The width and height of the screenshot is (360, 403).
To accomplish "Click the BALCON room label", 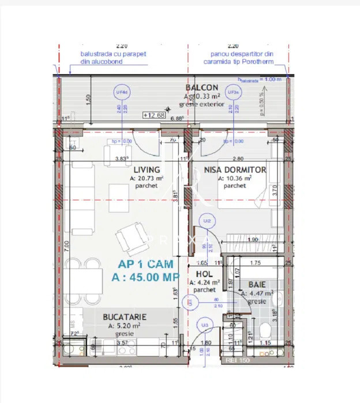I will pyautogui.click(x=201, y=88).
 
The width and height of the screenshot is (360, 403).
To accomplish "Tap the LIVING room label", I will pyautogui.click(x=147, y=170).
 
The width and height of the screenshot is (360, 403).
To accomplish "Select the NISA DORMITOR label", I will pyautogui.click(x=235, y=170).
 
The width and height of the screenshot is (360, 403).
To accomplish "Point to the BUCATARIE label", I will pyautogui.click(x=124, y=317).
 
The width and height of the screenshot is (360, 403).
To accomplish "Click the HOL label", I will pyautogui.click(x=202, y=274).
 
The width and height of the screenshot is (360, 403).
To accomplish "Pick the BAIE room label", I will pyautogui.click(x=257, y=285).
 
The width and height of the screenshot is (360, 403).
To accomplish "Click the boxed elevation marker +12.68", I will pyautogui.click(x=153, y=114).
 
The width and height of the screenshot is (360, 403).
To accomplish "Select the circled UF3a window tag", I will pyautogui.click(x=232, y=92).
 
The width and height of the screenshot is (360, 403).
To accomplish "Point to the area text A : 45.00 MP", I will pyautogui.click(x=145, y=278).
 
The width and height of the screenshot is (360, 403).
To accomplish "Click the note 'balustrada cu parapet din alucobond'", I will pyautogui.click(x=113, y=58).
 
